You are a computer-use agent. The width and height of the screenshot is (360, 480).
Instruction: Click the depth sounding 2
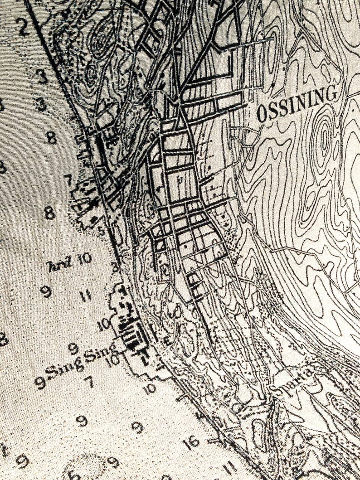(x=24, y=28)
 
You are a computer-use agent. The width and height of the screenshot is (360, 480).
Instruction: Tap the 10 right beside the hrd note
(x=84, y=259)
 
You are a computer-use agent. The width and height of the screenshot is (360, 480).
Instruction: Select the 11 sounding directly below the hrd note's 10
(x=86, y=297)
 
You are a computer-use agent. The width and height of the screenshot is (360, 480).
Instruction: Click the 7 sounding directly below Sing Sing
(x=89, y=382)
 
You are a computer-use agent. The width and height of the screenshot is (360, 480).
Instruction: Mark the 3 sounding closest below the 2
(x=42, y=76)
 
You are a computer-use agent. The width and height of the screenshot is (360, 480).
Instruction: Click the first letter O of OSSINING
(x=262, y=114)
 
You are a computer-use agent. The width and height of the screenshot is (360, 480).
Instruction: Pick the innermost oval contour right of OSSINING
(x=325, y=136)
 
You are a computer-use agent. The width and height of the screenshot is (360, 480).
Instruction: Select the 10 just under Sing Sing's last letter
(x=114, y=360)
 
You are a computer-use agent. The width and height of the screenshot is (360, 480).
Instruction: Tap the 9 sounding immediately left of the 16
(x=137, y=426)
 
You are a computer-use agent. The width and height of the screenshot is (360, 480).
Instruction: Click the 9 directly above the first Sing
(x=73, y=348)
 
